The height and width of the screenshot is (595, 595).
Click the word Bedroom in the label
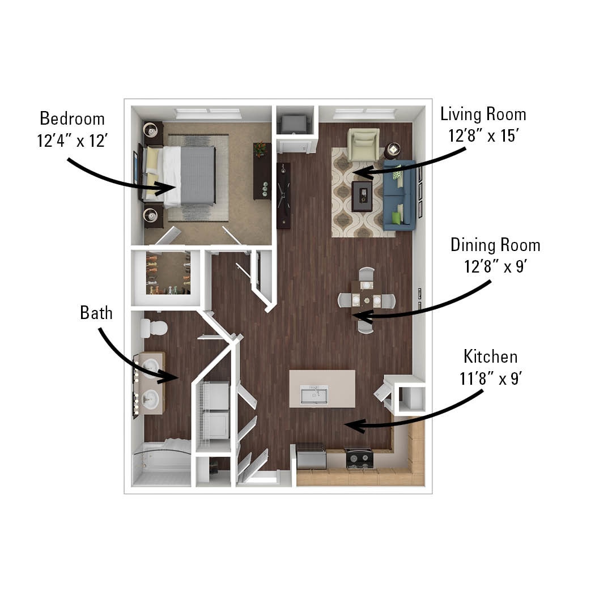72,119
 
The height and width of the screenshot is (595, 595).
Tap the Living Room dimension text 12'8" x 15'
483,137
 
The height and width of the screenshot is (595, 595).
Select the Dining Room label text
495,245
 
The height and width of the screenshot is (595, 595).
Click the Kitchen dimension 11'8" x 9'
490,379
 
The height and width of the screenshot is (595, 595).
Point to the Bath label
96,313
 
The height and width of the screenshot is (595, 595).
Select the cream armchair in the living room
363,144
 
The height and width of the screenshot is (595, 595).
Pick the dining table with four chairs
365,300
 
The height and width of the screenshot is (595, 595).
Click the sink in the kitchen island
314,394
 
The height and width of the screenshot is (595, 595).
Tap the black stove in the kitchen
359,458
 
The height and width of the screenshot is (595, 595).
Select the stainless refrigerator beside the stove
311,457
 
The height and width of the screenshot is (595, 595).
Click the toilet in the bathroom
154,328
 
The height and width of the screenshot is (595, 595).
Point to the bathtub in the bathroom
161,465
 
